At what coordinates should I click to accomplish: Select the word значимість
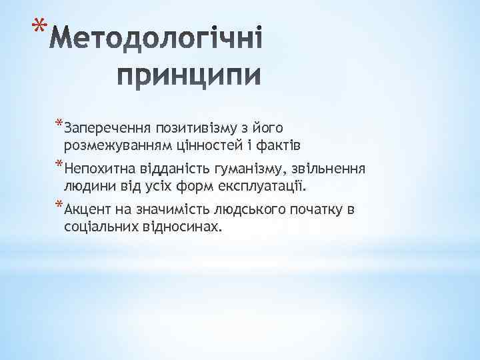[x=171, y=211]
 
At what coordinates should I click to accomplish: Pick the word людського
[x=247, y=211]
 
